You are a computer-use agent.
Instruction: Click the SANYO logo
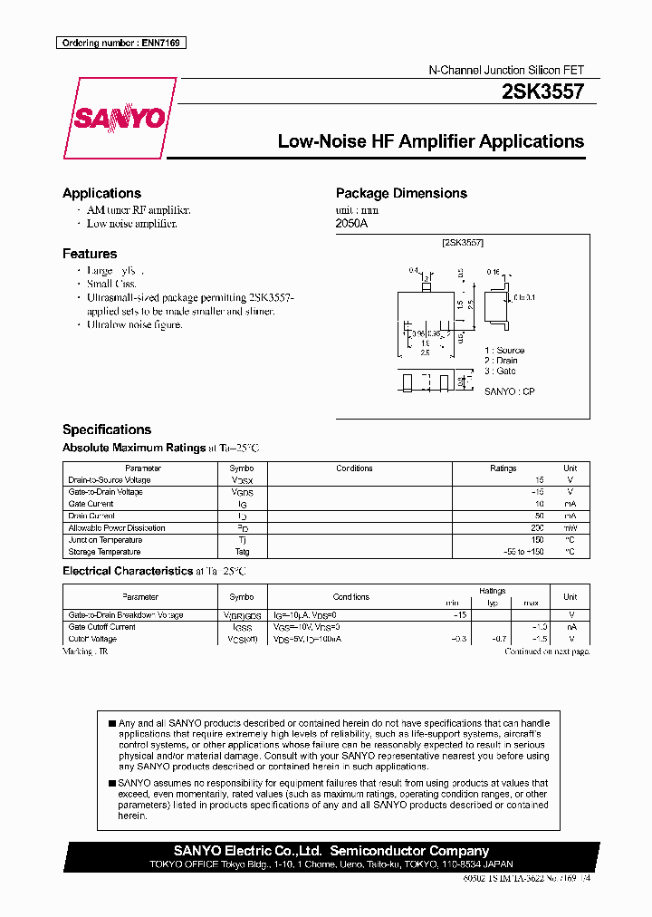pos(120,119)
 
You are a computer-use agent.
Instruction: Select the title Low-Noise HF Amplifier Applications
pos(430,141)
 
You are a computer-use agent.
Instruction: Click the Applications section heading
pos(101,193)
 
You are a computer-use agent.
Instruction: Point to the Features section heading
pos(90,254)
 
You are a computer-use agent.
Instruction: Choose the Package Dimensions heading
pos(401,193)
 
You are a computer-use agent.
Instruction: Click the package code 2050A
pos(351,223)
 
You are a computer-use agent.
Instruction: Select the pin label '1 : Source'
pos(504,350)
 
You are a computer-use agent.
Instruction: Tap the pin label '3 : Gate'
pos(500,371)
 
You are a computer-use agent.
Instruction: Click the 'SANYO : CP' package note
pos(510,391)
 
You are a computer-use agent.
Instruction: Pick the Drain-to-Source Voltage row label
pos(110,480)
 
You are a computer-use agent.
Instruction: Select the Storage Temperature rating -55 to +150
pos(523,551)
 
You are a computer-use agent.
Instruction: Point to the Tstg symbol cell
pos(242,551)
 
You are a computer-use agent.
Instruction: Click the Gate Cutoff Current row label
pos(101,627)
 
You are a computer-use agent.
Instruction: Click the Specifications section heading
pos(107,430)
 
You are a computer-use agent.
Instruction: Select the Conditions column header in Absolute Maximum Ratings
pos(354,468)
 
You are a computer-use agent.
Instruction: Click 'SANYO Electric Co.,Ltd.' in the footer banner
pos(248,851)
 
